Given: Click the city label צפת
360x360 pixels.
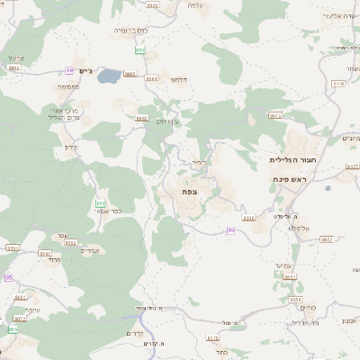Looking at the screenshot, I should coord(189,192).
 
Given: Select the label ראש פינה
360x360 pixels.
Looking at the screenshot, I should coord(291,180).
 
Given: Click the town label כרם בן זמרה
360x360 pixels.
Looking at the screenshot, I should coord(131,31).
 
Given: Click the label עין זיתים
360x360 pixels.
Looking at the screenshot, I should coord(167,121).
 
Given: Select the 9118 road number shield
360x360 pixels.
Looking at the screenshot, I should coord(338,83).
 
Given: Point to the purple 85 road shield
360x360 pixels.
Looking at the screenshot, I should coord(9,278).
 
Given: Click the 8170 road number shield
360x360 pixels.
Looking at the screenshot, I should coord(212,338).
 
